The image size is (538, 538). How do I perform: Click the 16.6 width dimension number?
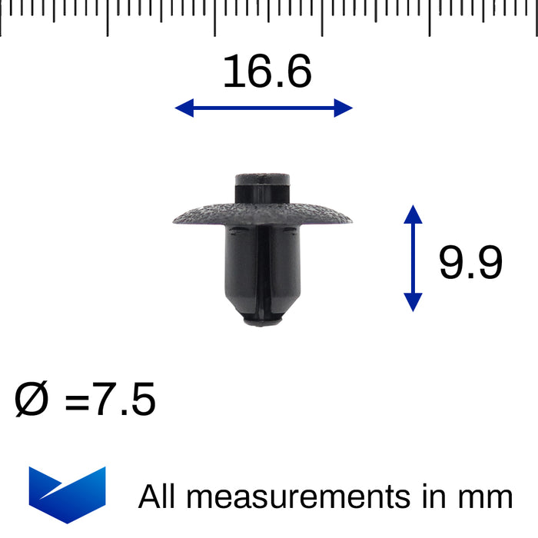pyautogui.click(x=267, y=72)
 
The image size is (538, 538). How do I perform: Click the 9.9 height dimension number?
pyautogui.click(x=470, y=264)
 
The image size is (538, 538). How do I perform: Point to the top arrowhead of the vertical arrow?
pyautogui.click(x=413, y=214)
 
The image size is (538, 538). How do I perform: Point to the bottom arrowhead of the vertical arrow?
pyautogui.click(x=413, y=303)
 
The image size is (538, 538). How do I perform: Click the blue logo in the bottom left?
pyautogui.click(x=67, y=494)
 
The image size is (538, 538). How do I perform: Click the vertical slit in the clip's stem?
pyautogui.click(x=261, y=269)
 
